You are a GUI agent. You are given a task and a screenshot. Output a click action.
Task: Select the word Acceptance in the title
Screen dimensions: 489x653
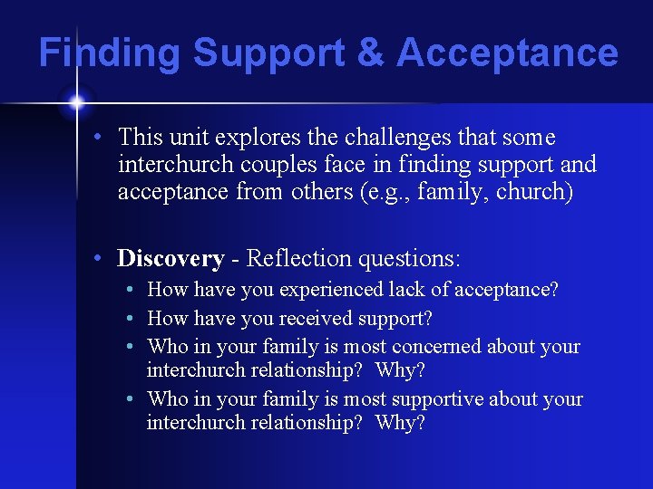click(x=507, y=53)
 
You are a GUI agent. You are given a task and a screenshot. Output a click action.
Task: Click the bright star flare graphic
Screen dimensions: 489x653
click(x=74, y=102)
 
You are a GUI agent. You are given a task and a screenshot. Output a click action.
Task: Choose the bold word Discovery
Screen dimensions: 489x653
click(x=171, y=259)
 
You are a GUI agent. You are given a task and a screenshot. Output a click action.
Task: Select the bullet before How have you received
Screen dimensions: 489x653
click(x=132, y=319)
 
